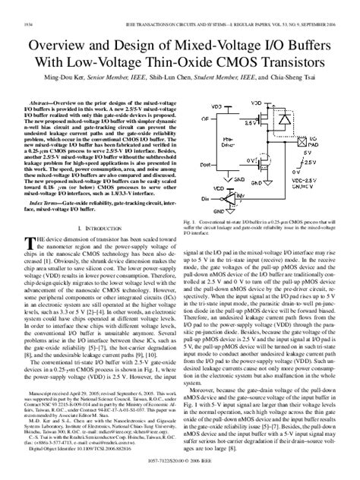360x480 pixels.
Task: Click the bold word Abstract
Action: coord(45,101)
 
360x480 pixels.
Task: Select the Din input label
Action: coord(203,195)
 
